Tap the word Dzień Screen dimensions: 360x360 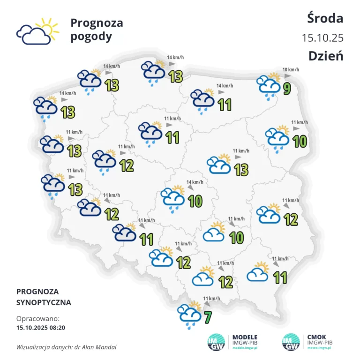pos(326,55)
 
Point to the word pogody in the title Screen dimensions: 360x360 pos(91,37)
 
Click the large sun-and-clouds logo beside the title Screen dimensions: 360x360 pos(37,31)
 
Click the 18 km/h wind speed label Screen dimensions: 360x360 pos(291,70)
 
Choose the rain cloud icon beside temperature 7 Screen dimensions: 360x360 pos(190,315)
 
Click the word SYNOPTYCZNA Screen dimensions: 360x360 pos(44,302)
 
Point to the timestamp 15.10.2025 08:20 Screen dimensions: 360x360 pos(41,327)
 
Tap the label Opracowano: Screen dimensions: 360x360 pos(35,318)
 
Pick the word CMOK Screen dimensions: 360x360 pos(317,337)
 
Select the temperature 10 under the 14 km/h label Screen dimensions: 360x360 pos(195,201)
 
